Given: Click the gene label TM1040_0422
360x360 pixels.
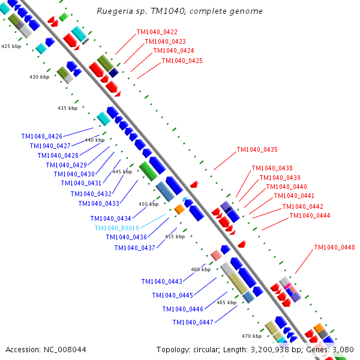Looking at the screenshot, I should [x=157, y=32].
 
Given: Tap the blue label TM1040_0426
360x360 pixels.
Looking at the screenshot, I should [x=41, y=136].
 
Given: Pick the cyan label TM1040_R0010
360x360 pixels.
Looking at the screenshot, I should [x=116, y=228].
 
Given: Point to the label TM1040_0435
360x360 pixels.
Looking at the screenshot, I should [x=257, y=149].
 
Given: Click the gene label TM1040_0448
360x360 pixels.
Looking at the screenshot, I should [x=335, y=247].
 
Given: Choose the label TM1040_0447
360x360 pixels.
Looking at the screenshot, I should [x=193, y=322].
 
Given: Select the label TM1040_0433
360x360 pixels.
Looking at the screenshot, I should [x=99, y=203].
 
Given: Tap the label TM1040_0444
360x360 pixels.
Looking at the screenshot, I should [x=310, y=216].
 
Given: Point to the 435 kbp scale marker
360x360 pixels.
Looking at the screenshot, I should [x=68, y=108].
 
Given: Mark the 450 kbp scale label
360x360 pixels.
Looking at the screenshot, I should [x=149, y=204].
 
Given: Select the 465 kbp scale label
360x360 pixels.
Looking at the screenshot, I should [x=226, y=303].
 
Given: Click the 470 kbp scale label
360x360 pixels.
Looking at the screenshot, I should [x=251, y=336].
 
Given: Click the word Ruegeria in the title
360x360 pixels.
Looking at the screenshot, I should [x=115, y=11].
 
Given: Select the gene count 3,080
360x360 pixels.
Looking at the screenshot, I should [x=343, y=349].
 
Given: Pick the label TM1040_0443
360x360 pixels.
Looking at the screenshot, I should [x=162, y=281].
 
